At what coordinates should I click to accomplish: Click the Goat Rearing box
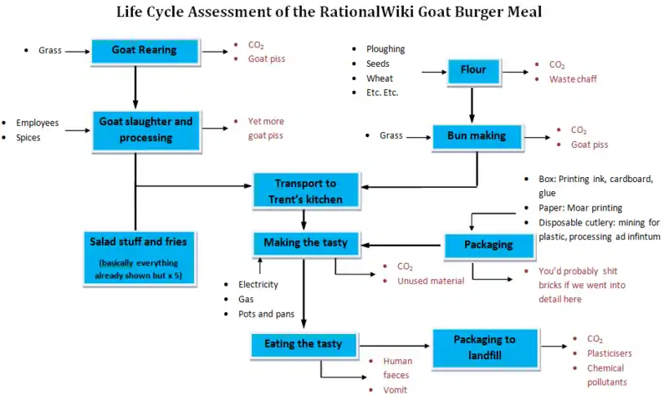(145, 50)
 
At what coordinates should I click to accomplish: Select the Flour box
(473, 70)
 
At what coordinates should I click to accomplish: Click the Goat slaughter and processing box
(146, 129)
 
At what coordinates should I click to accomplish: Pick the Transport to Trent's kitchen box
(305, 190)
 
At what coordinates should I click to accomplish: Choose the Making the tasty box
(305, 243)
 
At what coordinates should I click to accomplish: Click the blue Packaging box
(489, 246)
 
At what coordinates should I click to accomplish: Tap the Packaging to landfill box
(485, 347)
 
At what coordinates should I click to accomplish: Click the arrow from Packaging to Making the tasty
(400, 245)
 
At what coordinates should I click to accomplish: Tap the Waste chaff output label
(573, 79)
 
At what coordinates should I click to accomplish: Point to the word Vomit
(395, 390)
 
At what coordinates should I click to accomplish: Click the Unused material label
(430, 281)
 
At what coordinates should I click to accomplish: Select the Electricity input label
(258, 285)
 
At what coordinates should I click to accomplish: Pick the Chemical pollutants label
(606, 375)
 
